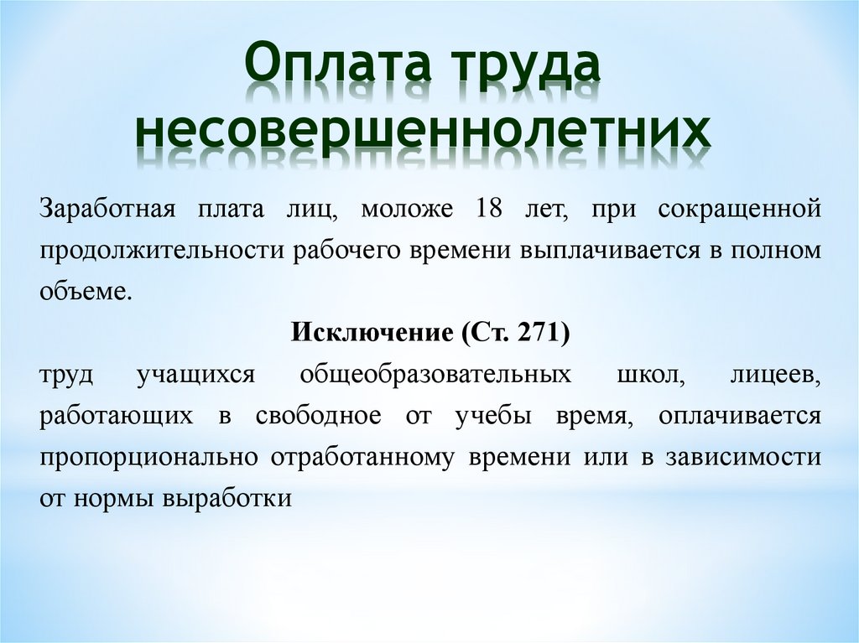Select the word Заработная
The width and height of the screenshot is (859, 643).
pos(107,210)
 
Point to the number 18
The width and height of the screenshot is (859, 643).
pos(489,209)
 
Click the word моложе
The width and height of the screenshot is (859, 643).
pos(407,210)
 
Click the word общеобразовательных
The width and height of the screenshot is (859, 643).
pos(435,375)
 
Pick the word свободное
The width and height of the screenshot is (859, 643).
pos(318,415)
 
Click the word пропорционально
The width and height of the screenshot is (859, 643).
pos(148,458)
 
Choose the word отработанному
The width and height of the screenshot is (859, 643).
pos(362,458)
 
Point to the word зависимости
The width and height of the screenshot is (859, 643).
pos(743,458)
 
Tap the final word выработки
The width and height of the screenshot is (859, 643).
pos(226,499)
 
